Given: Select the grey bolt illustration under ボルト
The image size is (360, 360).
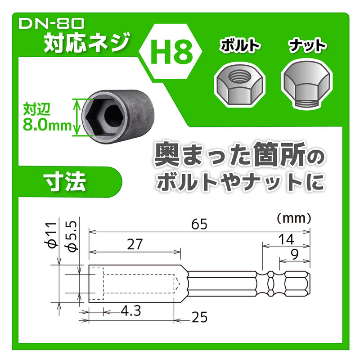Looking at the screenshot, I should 236,85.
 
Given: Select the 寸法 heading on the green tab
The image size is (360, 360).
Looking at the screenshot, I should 64,182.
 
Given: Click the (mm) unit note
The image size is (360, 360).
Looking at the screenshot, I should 293,218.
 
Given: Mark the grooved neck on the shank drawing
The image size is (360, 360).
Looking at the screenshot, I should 271,284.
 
